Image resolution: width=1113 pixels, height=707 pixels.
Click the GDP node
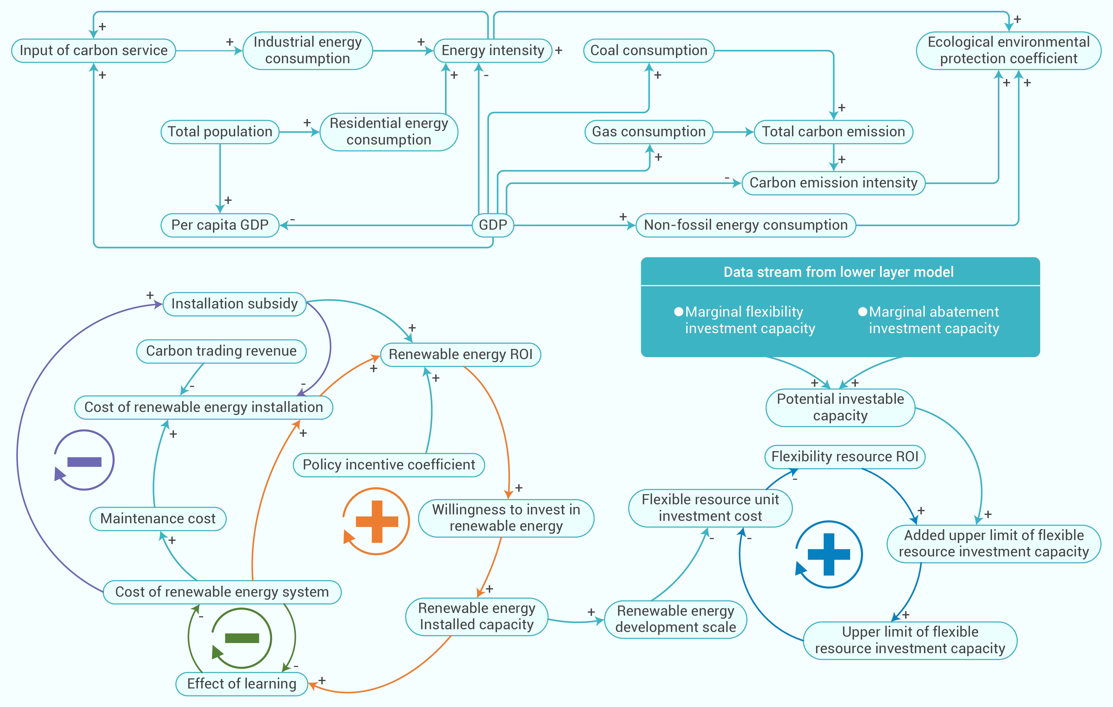click(493, 225)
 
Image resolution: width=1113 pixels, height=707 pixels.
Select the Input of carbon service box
click(93, 50)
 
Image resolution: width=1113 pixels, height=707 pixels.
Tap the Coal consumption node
click(649, 50)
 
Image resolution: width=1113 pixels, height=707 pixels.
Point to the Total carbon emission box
click(833, 132)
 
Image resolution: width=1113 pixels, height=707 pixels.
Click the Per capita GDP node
click(220, 225)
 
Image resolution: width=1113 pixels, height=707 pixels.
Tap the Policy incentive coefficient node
click(389, 465)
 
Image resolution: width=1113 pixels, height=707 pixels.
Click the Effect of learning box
click(242, 684)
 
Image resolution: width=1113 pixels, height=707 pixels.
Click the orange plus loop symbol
click(376, 521)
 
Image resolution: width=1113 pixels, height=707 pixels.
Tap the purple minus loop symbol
click(84, 460)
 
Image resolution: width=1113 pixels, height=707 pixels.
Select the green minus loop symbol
click(242, 638)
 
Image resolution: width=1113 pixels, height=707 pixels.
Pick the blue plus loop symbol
click(829, 554)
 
